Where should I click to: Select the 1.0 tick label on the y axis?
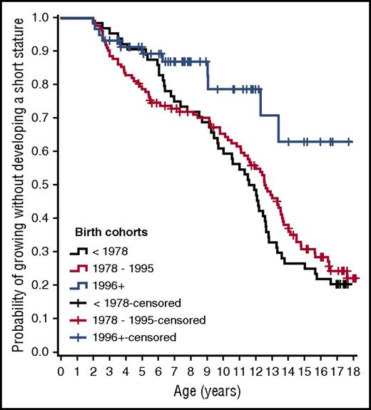pyautogui.click(x=42, y=17)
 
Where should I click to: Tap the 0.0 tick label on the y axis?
pyautogui.click(x=42, y=352)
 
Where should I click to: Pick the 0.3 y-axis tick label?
pyautogui.click(x=42, y=252)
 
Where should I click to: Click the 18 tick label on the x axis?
pyautogui.click(x=354, y=371)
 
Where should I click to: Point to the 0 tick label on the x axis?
pyautogui.click(x=61, y=371)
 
